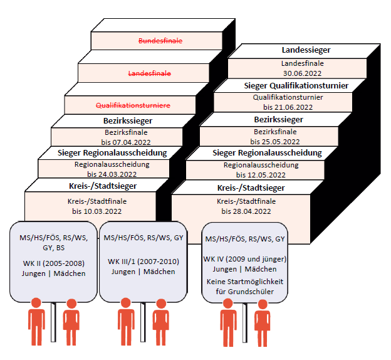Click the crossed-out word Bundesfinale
pos(160,41)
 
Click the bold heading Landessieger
pos(297,50)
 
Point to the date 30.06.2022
pos(298,73)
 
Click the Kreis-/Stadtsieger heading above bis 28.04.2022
pos(251,188)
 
